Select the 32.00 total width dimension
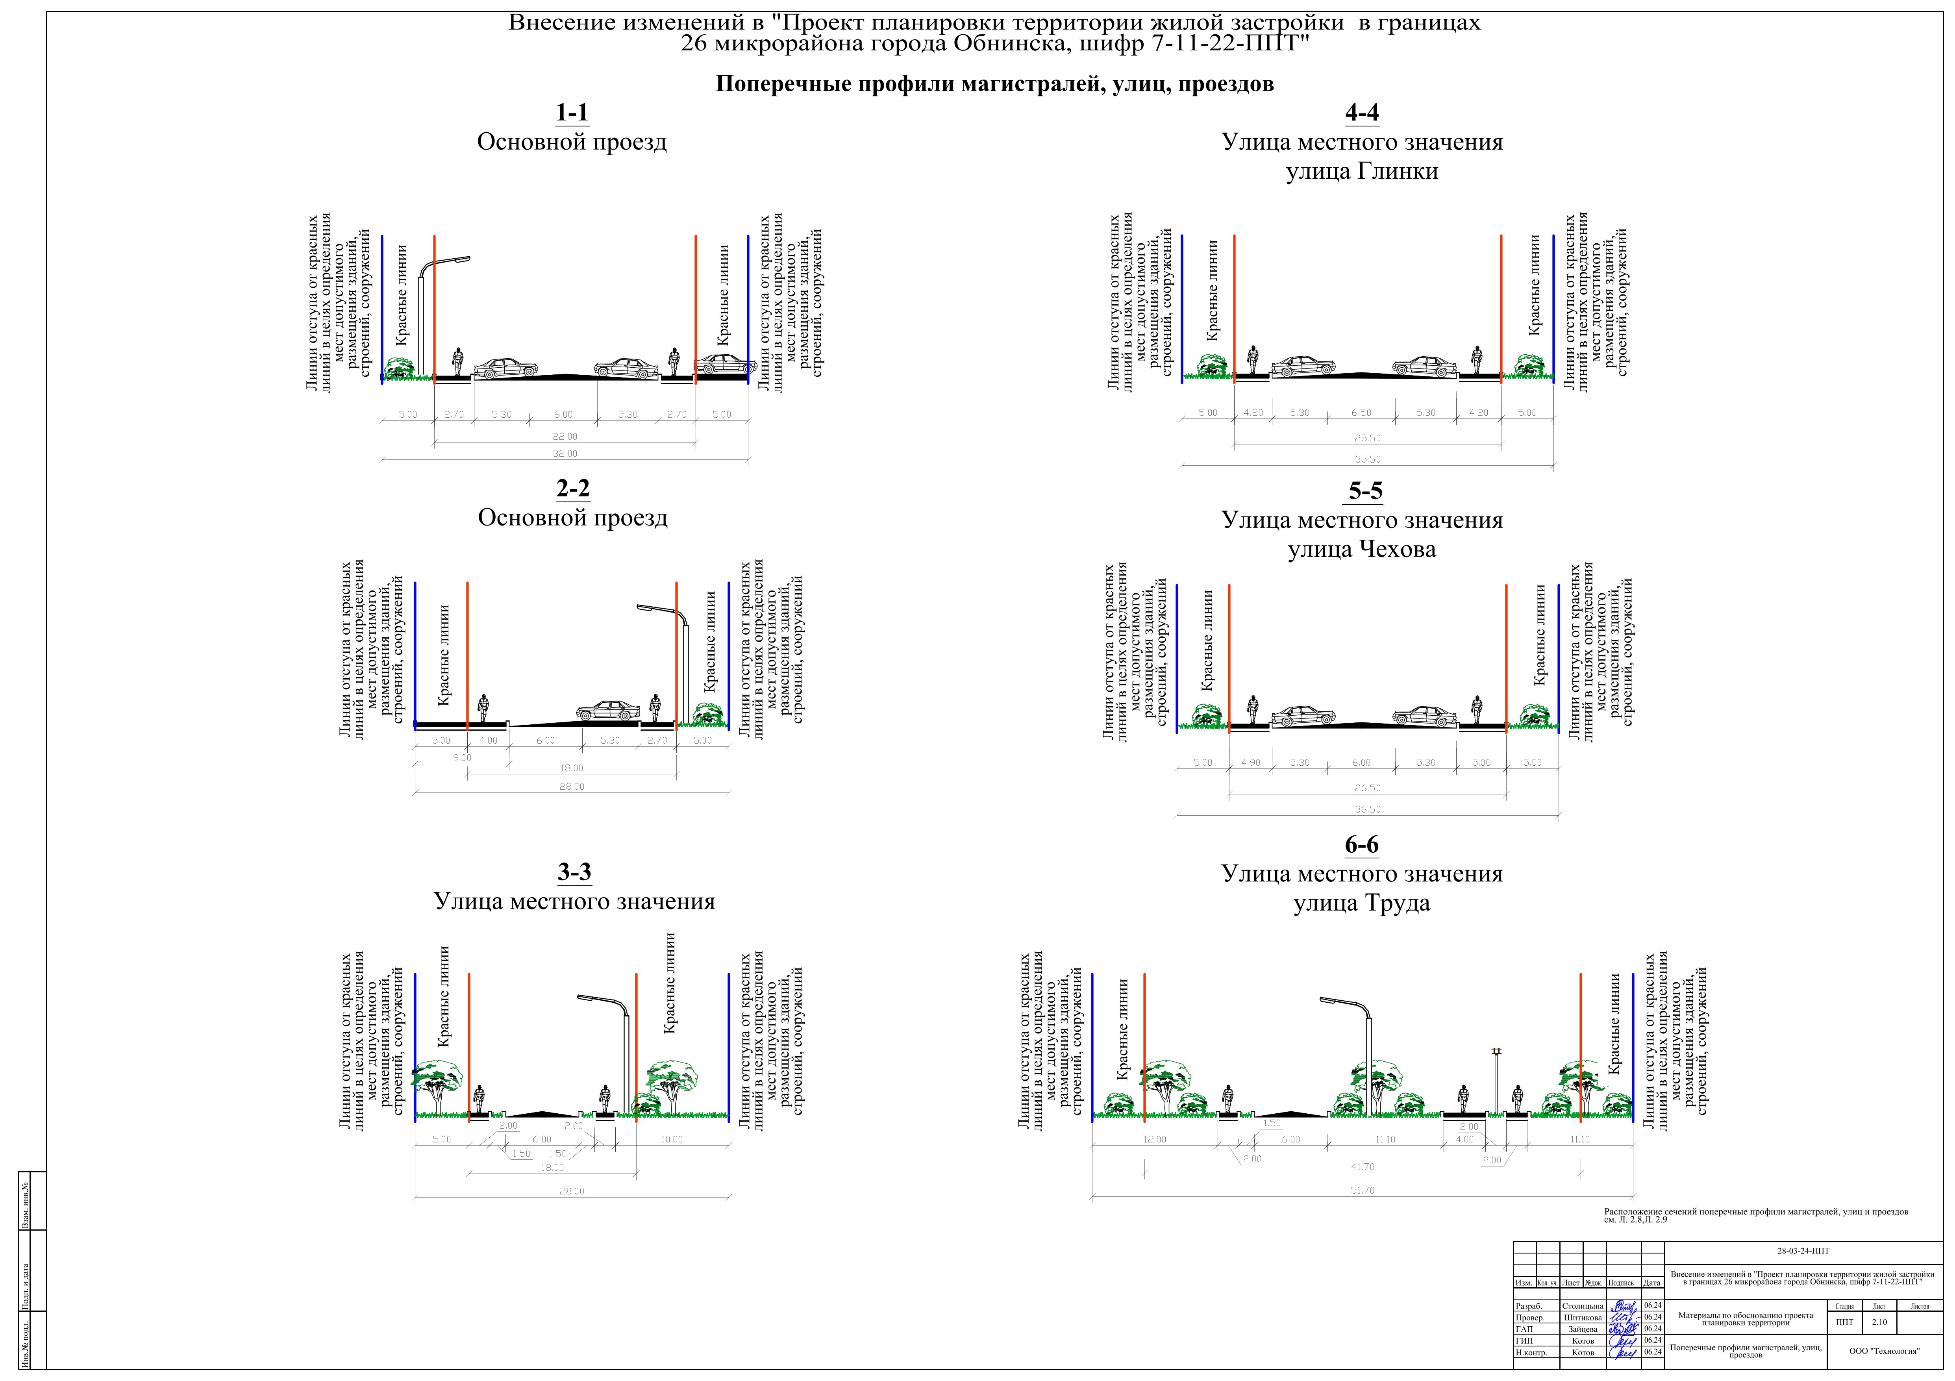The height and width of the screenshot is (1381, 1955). pyautogui.click(x=565, y=454)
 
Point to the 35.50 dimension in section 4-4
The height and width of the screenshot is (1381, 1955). pyautogui.click(x=1368, y=460)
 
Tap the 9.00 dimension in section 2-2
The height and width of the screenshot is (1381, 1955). pyautogui.click(x=461, y=758)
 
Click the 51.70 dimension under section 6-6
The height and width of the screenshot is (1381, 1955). pyautogui.click(x=1363, y=1190)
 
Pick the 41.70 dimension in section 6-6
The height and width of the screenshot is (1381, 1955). pyautogui.click(x=1363, y=1167)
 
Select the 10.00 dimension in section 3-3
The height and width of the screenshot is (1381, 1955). pyautogui.click(x=672, y=1139)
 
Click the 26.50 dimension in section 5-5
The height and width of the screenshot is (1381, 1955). pyautogui.click(x=1368, y=789)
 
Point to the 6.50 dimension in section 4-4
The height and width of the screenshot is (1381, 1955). pyautogui.click(x=1361, y=413)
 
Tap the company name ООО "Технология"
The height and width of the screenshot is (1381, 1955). pyautogui.click(x=1884, y=1350)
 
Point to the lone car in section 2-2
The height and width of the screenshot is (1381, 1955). pyautogui.click(x=608, y=711)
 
